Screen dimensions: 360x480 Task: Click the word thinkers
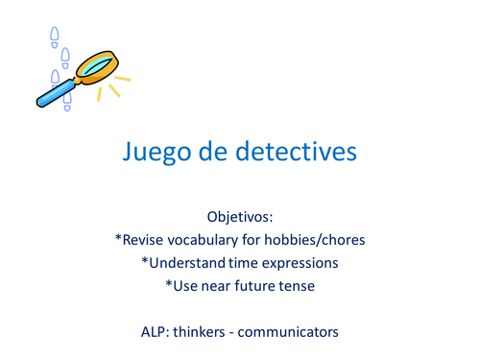click(207, 332)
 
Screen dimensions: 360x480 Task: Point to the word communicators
click(291, 332)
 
